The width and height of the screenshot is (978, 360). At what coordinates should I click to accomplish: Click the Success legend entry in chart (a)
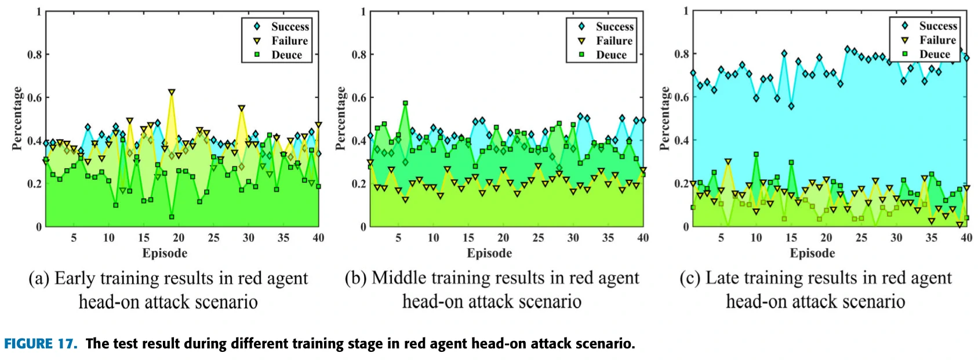pos(289,27)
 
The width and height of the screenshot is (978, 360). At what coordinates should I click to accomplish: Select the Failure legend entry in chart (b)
pos(614,41)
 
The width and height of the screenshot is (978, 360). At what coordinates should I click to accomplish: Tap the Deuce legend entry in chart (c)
pos(935,54)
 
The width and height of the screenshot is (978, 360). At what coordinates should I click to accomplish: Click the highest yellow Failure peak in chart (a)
pos(172,92)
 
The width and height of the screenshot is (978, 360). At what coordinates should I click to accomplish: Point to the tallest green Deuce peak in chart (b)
pos(405,103)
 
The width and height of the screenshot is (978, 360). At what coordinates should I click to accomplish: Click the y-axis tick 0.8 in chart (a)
pos(35,54)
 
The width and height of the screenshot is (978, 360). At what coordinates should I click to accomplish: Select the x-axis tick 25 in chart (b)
pos(538,238)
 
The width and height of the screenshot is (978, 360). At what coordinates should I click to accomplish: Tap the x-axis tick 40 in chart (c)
pos(966,238)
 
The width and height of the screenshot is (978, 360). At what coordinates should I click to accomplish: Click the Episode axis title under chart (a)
pos(165,253)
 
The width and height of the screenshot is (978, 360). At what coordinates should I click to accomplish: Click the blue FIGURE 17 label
pos(40,344)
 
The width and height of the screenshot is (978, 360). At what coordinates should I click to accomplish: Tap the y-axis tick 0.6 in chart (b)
pos(359,97)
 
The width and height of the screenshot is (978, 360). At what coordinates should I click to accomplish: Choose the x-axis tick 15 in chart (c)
pos(791,238)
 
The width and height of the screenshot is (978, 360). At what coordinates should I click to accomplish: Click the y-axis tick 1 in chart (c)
pos(686,11)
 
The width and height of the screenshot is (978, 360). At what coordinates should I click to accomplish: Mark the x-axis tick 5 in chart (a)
pos(74,238)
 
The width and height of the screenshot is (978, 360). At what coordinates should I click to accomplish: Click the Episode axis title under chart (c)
pos(812,253)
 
